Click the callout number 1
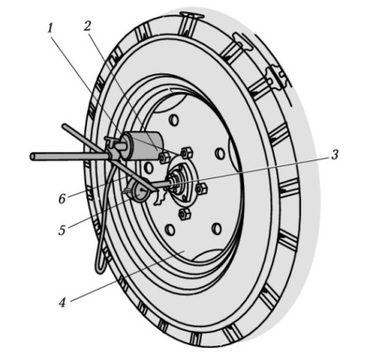point(51,29)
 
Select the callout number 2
point(87,26)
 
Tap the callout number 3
point(334,155)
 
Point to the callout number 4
point(62,302)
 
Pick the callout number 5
point(62,230)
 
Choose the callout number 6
point(62,199)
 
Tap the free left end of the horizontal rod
point(32,157)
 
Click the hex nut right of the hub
point(201,189)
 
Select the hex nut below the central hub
point(183,214)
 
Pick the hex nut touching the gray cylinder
point(164,158)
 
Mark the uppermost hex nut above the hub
point(186,152)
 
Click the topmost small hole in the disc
point(173,120)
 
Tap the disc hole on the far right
point(220,153)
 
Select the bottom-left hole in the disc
point(170,229)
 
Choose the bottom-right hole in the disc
point(216,228)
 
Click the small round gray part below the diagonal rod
point(141,190)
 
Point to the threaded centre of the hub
point(175,183)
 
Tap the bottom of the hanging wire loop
point(100,271)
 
